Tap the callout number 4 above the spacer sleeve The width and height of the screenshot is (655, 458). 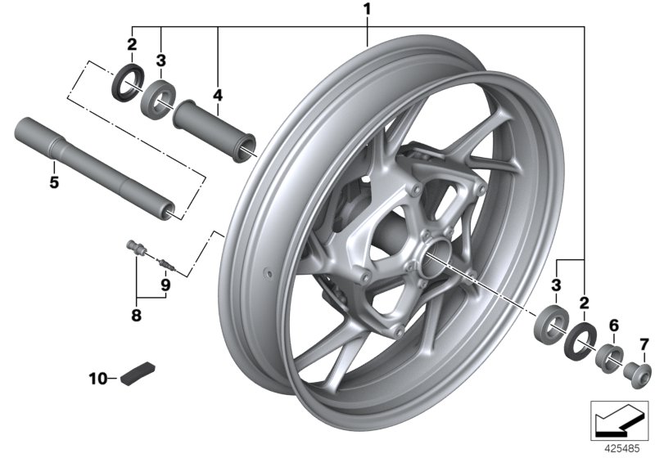click(217, 96)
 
